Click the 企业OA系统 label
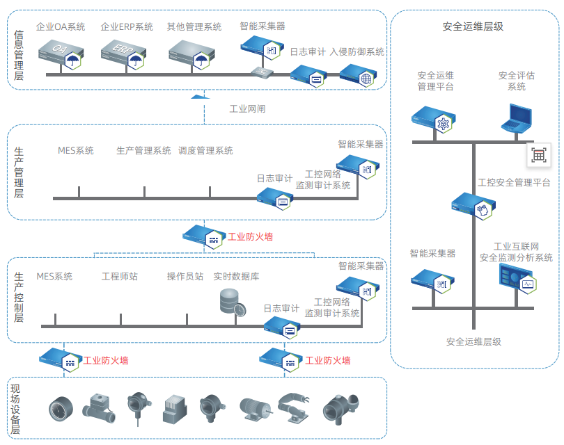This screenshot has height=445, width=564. pos(61,27)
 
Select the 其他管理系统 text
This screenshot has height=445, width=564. pos(194,27)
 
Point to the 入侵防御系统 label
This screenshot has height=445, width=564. pos(357,52)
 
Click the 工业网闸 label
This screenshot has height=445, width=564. pos(247,109)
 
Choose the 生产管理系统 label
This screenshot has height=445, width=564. pos(143,151)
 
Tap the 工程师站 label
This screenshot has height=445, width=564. pos(120,277)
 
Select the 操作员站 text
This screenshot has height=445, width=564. pos(185,277)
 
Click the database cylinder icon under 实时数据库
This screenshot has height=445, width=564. pos(231,301)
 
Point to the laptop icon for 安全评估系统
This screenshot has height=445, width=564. pos(517,118)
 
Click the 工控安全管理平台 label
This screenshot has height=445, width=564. pos(514,183)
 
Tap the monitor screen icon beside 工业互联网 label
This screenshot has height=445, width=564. pos(515,279)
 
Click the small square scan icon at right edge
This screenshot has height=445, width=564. pos(539,156)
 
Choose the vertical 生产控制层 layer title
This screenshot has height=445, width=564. pos(19,298)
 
